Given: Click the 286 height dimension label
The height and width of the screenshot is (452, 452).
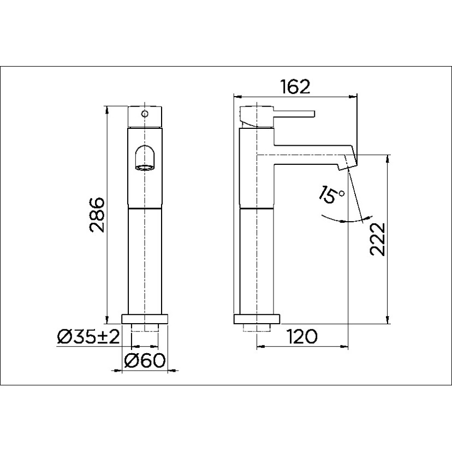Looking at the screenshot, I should (x=97, y=213).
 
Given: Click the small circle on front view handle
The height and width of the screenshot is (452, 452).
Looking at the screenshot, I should (x=145, y=114).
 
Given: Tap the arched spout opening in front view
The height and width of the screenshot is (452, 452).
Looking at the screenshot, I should (x=145, y=158).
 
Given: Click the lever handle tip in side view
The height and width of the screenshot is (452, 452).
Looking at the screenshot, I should (x=312, y=114).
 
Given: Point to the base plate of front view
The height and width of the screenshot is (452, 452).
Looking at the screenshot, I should (x=145, y=319).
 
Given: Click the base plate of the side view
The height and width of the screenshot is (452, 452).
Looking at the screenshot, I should (x=257, y=320).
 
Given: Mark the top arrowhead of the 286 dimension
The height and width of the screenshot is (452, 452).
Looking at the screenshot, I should (x=108, y=109).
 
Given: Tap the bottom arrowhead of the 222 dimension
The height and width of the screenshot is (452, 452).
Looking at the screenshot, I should (x=387, y=321).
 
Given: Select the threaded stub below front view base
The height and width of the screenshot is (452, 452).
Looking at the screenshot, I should (x=145, y=328).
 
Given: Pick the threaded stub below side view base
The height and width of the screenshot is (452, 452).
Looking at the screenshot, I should (x=257, y=328).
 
